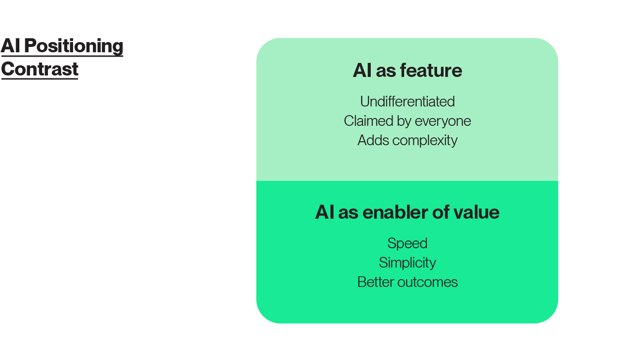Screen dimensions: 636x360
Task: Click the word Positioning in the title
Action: tap(74, 46)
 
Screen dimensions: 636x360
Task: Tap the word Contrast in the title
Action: tap(40, 69)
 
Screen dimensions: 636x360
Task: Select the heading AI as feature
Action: tap(407, 71)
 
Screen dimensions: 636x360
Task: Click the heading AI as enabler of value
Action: tap(407, 212)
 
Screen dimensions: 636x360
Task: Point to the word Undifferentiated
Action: tap(407, 102)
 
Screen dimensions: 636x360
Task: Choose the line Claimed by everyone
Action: tap(407, 121)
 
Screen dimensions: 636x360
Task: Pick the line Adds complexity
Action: tap(407, 140)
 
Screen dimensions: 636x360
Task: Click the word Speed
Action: tap(407, 243)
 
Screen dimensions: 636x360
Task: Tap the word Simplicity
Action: tap(407, 262)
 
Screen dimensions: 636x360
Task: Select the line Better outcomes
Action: tap(407, 282)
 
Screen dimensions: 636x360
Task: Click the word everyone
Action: tap(442, 121)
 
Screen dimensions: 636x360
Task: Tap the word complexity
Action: tap(424, 140)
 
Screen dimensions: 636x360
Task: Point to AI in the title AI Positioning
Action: tap(11, 46)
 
